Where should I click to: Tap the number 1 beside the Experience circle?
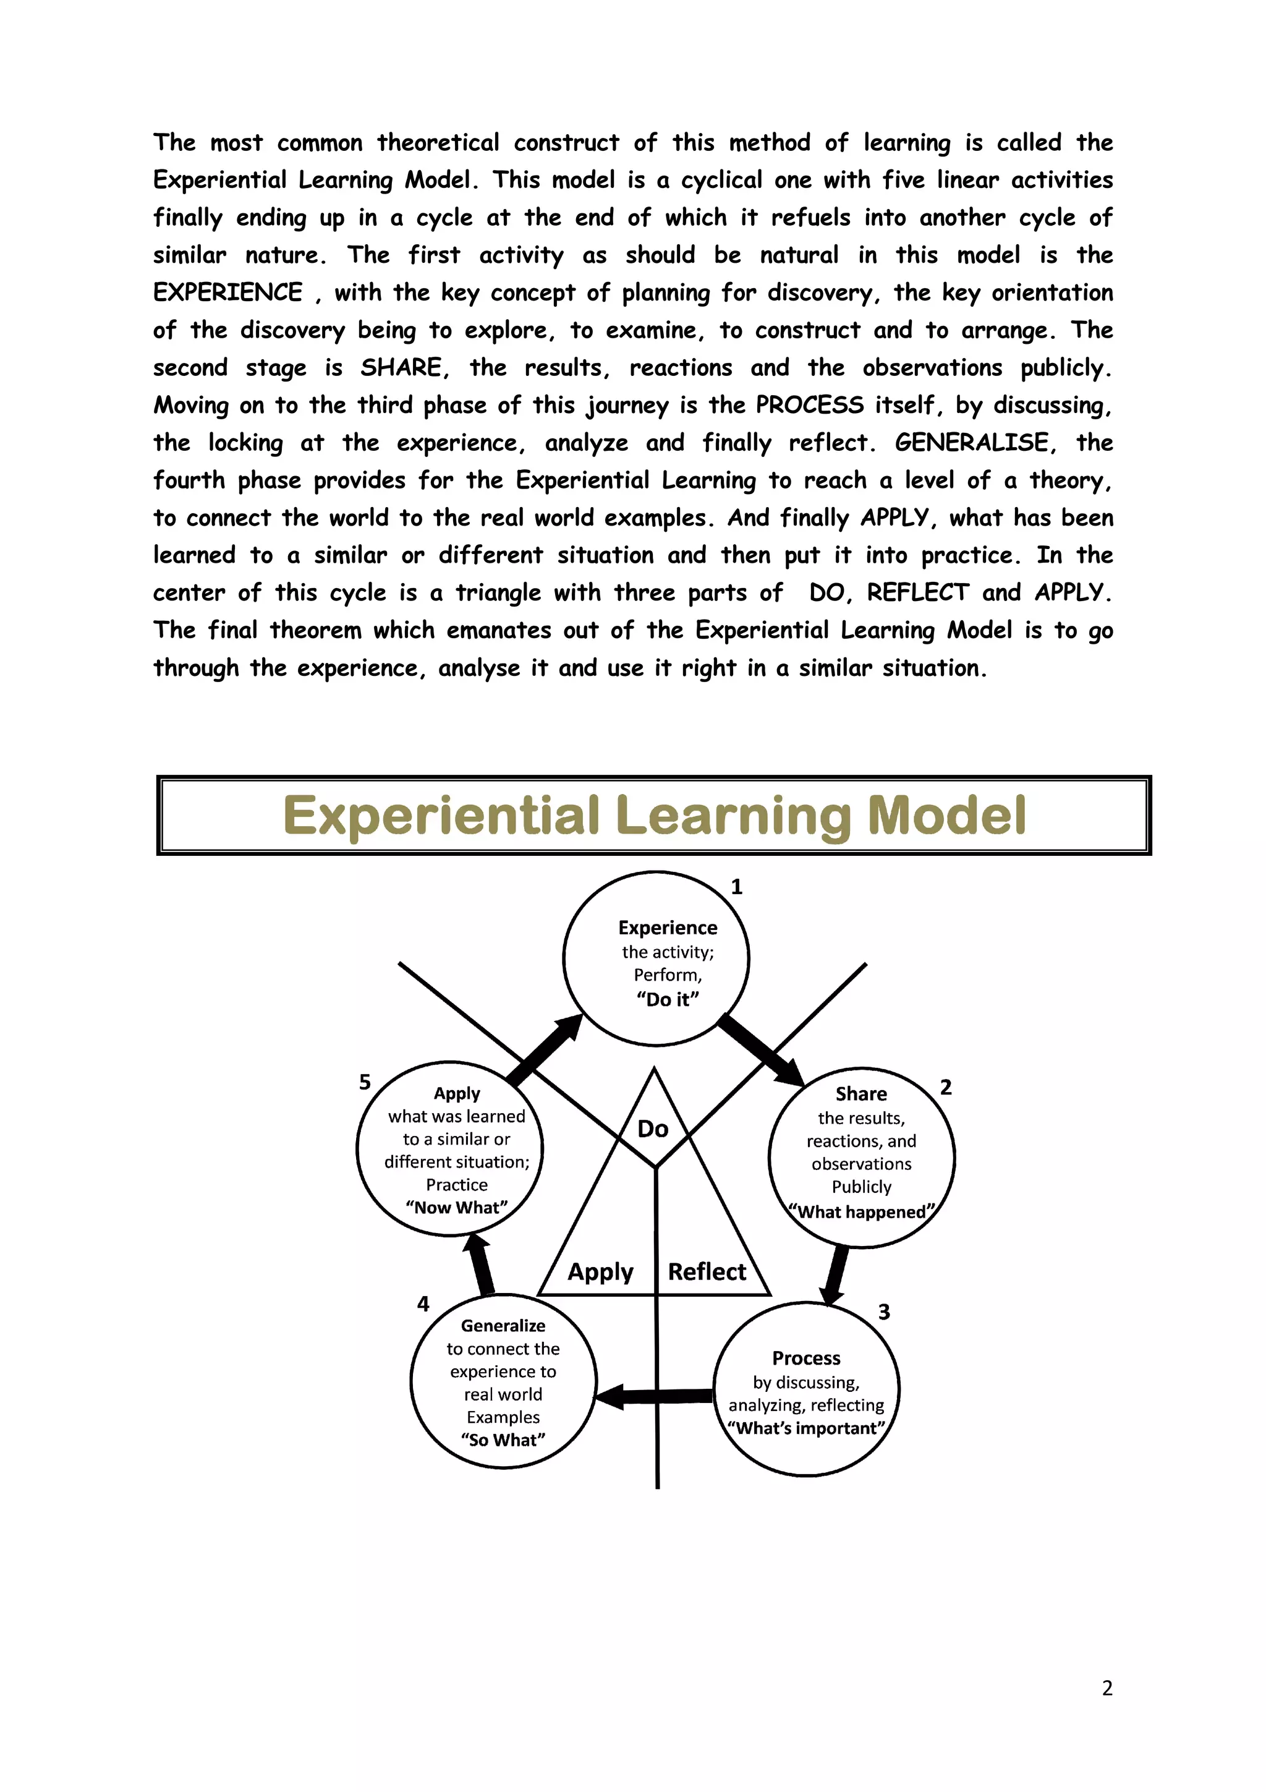point(736,887)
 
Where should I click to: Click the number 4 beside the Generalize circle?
point(423,1303)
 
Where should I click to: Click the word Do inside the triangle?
point(653,1129)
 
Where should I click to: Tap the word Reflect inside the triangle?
point(707,1271)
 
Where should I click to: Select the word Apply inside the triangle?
point(600,1271)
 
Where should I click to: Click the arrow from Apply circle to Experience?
point(545,1051)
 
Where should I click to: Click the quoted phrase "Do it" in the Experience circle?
point(668,999)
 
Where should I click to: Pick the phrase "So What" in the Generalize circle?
point(503,1440)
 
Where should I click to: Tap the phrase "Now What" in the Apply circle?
point(456,1208)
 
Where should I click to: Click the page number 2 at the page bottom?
point(1107,1688)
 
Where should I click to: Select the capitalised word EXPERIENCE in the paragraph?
point(227,292)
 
